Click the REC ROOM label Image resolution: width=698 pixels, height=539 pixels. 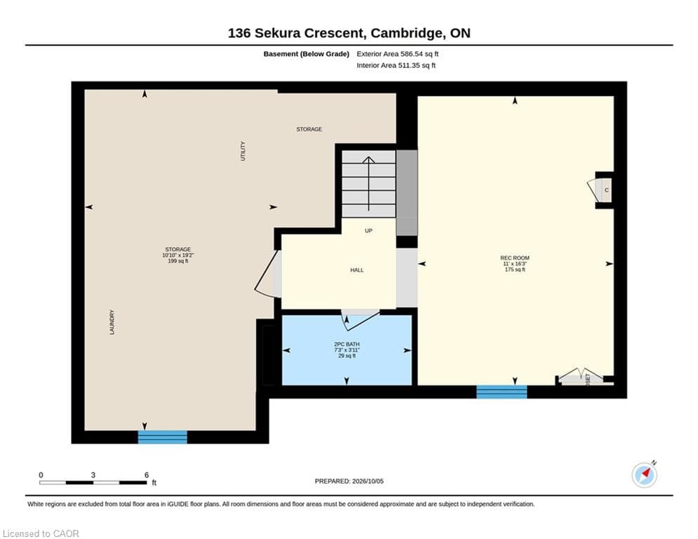(x=515, y=258)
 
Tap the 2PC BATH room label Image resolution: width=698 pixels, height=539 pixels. (x=347, y=345)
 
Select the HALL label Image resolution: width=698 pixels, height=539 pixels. (x=356, y=270)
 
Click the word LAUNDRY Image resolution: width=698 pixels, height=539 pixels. (x=112, y=322)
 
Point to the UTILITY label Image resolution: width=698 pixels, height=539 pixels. (x=243, y=151)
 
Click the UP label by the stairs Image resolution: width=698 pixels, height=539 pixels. (x=368, y=231)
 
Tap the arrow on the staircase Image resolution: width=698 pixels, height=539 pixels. (x=368, y=184)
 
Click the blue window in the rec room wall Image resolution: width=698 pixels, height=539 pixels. (x=502, y=392)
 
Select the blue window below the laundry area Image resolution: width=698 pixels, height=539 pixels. (x=163, y=437)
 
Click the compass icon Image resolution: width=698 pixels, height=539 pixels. (x=645, y=475)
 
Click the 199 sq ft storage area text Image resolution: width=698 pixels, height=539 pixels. (x=178, y=261)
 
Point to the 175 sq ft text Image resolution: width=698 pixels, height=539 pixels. (x=515, y=269)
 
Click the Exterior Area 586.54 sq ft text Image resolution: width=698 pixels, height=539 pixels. (x=398, y=54)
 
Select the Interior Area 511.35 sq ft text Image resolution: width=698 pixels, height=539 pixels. (x=396, y=65)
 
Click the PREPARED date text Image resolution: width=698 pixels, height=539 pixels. (x=349, y=481)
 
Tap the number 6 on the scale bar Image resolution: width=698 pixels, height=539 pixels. (x=147, y=475)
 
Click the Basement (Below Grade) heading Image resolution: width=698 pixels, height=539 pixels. (x=307, y=54)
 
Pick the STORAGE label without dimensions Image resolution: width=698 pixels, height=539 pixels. (x=309, y=129)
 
